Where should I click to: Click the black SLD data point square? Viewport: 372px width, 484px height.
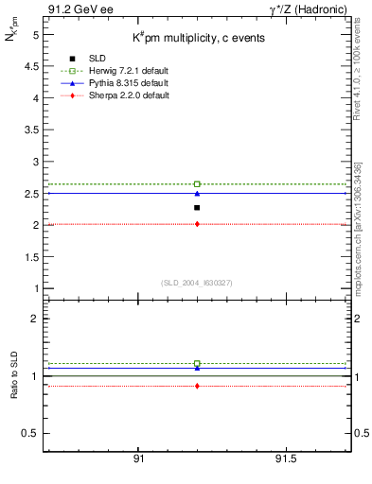tap(197, 207)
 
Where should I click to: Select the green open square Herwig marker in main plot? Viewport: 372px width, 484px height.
tap(197, 183)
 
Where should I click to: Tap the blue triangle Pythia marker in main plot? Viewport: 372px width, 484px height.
tap(197, 193)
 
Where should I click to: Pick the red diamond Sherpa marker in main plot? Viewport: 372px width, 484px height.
tap(197, 224)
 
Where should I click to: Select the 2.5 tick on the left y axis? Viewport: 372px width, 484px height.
tap(33, 194)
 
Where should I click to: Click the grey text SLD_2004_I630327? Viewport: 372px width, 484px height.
tap(197, 283)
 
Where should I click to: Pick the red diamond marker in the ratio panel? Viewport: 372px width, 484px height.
tap(197, 386)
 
